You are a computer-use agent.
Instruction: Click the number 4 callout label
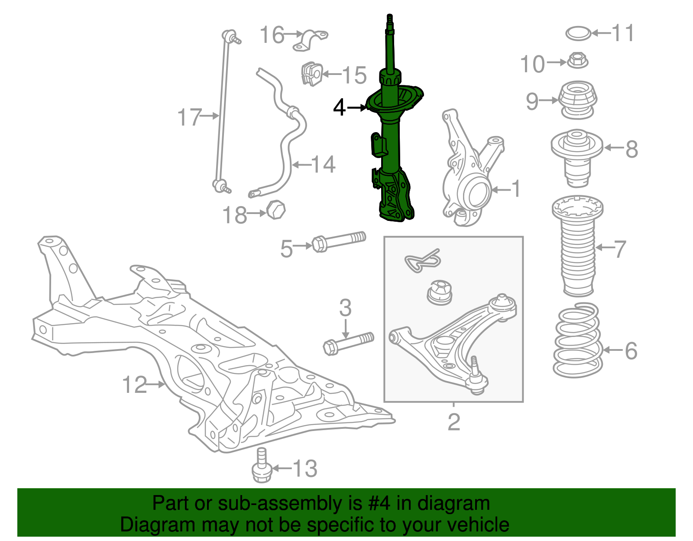[339, 107]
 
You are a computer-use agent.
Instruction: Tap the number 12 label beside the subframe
[135, 385]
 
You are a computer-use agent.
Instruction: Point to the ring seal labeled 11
[578, 33]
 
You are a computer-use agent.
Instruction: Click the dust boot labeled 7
[578, 252]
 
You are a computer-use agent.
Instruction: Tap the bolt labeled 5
[338, 241]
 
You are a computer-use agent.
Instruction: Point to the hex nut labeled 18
[275, 210]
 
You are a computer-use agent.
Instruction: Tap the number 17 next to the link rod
[189, 117]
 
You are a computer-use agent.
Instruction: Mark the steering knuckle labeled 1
[466, 173]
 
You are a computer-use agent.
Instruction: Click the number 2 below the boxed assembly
[453, 421]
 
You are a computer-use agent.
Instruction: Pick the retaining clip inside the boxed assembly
[423, 261]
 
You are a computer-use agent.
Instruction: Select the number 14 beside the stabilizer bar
[323, 165]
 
